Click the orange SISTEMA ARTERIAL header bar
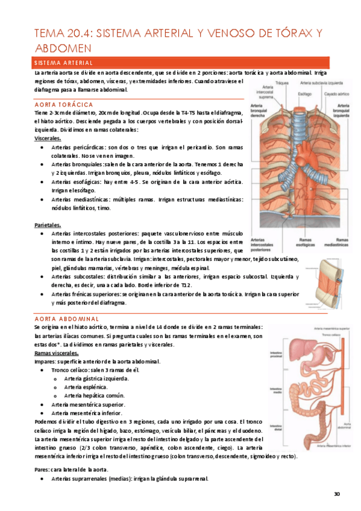180,63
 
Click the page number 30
337,494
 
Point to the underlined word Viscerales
48,138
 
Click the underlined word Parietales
48,225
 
